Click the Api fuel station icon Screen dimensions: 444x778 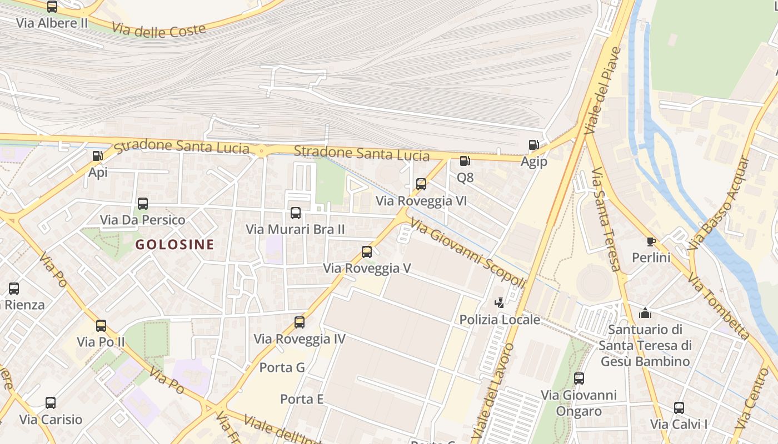(98, 156)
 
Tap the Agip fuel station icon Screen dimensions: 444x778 (533, 145)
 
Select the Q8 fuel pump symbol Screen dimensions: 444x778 (465, 161)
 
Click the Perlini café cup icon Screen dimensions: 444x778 (651, 241)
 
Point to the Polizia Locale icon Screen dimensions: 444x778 (500, 303)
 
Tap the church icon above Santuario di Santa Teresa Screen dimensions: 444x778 (645, 313)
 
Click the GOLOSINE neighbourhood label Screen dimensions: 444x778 (174, 245)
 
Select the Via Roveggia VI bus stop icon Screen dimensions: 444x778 (421, 184)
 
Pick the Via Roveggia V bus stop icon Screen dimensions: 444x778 (367, 252)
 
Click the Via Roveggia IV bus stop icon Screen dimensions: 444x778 (300, 322)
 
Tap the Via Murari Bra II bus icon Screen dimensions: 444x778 (296, 213)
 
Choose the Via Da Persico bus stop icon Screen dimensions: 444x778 (143, 204)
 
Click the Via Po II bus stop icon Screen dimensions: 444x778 (101, 326)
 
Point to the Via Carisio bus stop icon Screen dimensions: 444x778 (51, 403)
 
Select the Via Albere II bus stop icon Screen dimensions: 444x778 (52, 7)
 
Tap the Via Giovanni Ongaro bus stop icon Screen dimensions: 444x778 (579, 379)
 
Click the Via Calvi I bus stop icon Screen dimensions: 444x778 (679, 408)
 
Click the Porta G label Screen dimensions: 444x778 (282, 367)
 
